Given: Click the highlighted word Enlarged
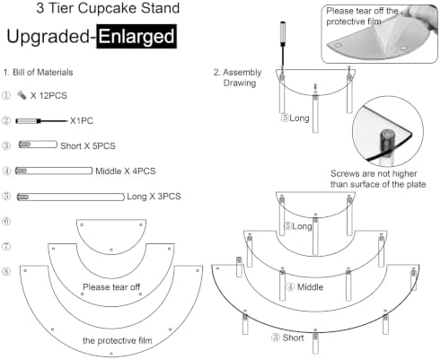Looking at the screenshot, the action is [x=137, y=37].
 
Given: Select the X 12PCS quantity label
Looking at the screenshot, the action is [x=49, y=96].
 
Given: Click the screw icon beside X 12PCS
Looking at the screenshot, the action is [x=22, y=95].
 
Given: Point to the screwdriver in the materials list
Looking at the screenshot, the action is [x=42, y=121].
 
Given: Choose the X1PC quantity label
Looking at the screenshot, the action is [x=82, y=121].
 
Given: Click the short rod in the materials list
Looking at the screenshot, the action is [x=38, y=145].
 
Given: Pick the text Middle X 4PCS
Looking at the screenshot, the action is [x=126, y=171].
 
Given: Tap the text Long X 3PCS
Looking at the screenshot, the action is [x=154, y=197].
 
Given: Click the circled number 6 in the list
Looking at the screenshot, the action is [x=6, y=222].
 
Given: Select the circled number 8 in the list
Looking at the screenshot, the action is [x=6, y=272].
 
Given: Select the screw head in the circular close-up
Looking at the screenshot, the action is [x=387, y=135].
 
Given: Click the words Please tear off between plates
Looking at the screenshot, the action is [x=111, y=287].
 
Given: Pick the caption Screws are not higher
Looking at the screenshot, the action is [x=374, y=174].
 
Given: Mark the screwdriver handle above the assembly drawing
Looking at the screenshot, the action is [x=282, y=33].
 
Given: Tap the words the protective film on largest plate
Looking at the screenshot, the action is [x=118, y=340].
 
